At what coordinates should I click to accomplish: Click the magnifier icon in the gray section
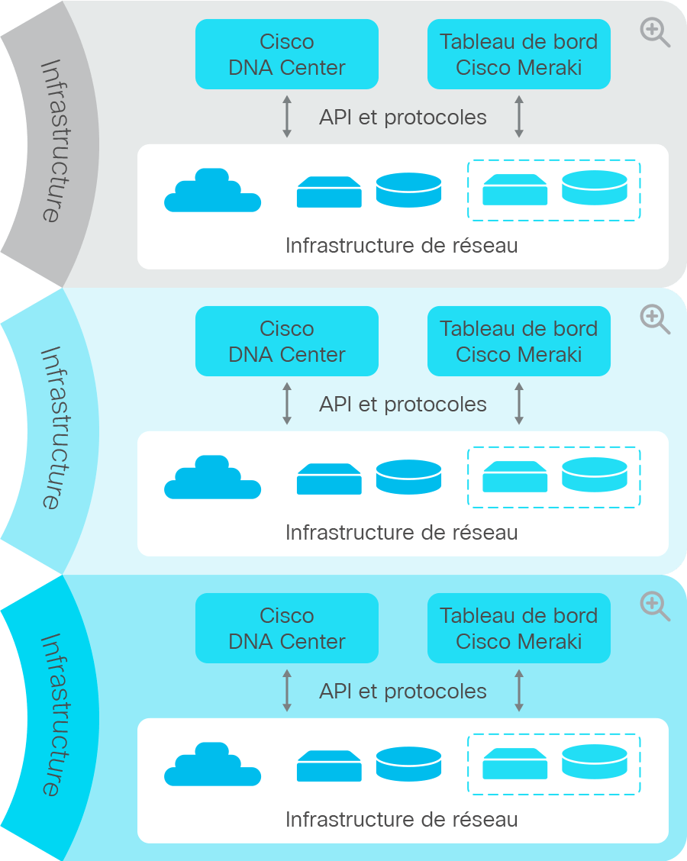(655, 32)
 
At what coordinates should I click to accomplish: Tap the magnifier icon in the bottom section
(655, 606)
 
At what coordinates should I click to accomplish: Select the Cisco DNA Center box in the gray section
(287, 54)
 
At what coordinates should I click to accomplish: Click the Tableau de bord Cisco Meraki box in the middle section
(519, 341)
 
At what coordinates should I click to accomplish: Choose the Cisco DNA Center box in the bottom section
(287, 628)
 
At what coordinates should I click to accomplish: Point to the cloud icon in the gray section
(212, 190)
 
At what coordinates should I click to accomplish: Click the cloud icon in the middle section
(212, 476)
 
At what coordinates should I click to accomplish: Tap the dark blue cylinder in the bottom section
(408, 763)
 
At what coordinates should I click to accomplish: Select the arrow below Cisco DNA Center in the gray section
(287, 117)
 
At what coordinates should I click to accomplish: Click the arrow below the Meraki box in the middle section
(519, 404)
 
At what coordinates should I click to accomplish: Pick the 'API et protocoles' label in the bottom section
(403, 692)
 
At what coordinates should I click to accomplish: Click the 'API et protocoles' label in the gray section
(403, 117)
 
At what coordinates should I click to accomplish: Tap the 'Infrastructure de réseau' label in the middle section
(402, 532)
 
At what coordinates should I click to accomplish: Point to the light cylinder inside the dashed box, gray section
(594, 188)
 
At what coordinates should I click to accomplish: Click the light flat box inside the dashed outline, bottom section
(514, 763)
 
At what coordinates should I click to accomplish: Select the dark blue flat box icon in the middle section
(329, 479)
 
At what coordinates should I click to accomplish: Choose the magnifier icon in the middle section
(655, 320)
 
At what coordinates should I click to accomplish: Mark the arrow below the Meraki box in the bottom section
(519, 691)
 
